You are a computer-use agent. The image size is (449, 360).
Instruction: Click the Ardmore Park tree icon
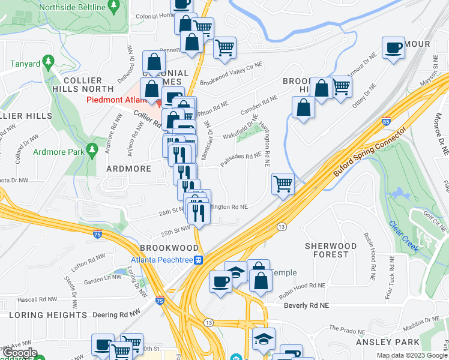[x=92, y=148]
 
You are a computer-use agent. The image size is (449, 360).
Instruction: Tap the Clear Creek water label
[x=402, y=235]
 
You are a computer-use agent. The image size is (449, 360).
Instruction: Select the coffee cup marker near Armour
[x=394, y=48]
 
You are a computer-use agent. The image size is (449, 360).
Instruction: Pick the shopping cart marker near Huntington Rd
[x=283, y=184]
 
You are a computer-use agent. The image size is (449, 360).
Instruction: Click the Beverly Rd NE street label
[x=307, y=305]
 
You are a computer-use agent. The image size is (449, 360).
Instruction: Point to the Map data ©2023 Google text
[x=411, y=355]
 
